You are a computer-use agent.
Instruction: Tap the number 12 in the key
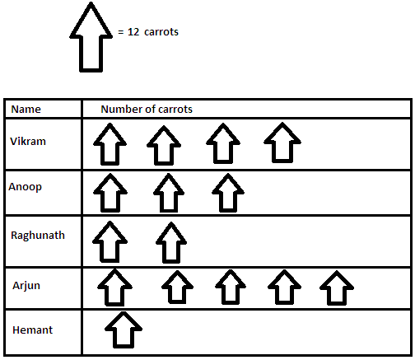point(133,32)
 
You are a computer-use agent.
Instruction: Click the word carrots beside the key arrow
point(161,32)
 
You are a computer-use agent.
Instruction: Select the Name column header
point(26,110)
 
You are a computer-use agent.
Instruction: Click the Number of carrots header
point(147,110)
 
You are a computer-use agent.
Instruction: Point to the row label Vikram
point(28,142)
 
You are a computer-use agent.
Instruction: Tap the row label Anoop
point(25,187)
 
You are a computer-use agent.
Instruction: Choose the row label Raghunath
point(38,236)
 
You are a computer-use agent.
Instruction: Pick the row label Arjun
point(26,286)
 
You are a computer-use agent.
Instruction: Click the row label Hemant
point(32,330)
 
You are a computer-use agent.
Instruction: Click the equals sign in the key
point(121,32)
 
